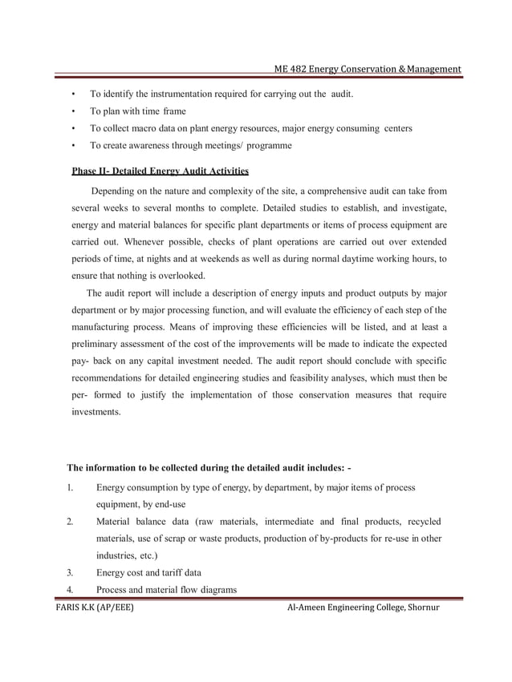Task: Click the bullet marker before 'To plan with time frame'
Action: coord(74,111)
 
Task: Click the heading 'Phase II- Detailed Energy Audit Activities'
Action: coord(160,171)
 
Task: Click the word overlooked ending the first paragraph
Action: coord(180,275)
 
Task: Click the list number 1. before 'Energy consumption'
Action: coord(71,487)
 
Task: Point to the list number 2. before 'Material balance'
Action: coord(71,522)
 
